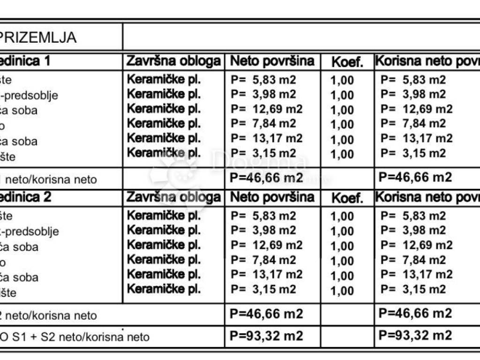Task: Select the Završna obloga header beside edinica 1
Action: click(173, 61)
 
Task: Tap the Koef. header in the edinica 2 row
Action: click(347, 198)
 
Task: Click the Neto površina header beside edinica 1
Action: click(272, 61)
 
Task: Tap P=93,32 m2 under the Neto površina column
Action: click(266, 336)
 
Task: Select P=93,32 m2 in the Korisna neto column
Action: click(415, 336)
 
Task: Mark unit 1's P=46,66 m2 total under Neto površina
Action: click(266, 178)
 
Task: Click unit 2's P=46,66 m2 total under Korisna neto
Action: click(415, 313)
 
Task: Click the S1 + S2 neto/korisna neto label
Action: click(75, 337)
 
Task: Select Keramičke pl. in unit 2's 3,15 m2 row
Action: click(164, 289)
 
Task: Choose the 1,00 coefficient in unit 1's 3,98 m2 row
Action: click(342, 95)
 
